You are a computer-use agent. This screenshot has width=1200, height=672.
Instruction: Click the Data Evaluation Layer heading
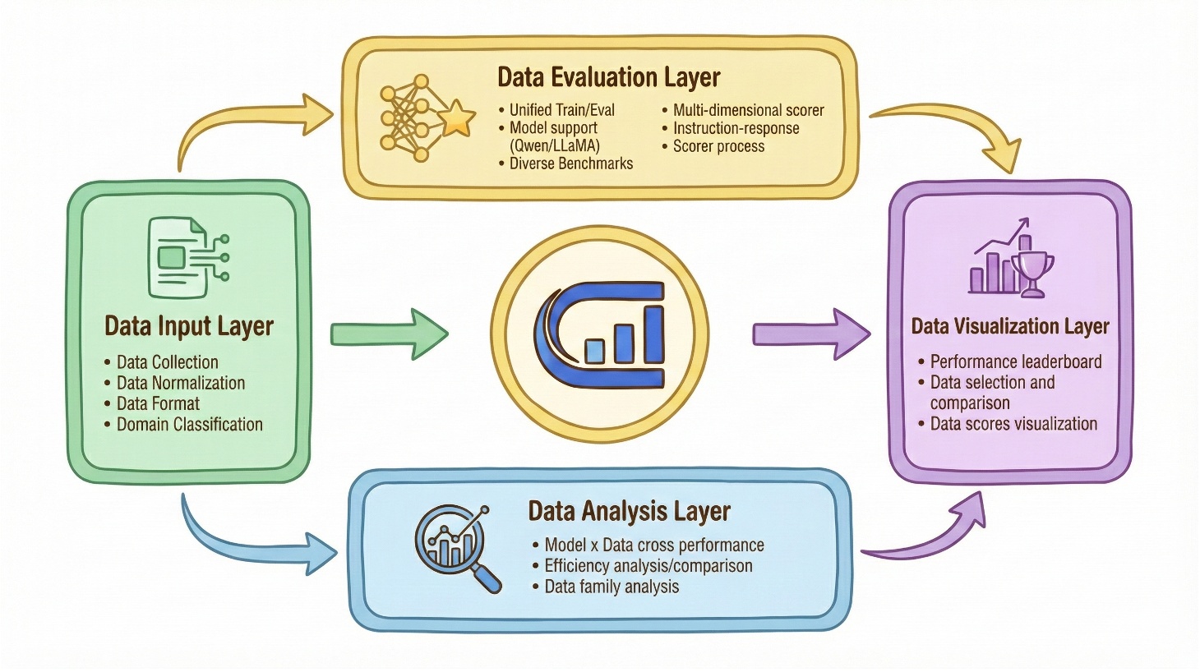[608, 78]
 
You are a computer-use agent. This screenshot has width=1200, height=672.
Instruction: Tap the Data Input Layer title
[189, 326]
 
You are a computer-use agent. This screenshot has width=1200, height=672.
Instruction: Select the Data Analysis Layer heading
[629, 512]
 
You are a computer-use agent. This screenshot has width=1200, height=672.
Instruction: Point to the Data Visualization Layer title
[1010, 326]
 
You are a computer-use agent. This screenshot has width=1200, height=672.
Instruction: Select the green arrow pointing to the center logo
[389, 334]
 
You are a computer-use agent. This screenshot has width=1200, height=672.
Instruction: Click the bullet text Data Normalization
[181, 383]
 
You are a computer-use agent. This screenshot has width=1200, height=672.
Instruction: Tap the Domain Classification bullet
[190, 425]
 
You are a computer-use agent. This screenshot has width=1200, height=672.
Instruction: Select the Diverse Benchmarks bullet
[571, 163]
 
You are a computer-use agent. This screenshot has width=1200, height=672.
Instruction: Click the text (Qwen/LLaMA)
[555, 145]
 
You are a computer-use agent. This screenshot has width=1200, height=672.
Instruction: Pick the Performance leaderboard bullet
[1016, 361]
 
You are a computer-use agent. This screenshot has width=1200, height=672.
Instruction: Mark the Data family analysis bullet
[612, 587]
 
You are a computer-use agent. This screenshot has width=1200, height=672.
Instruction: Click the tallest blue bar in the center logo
[653, 334]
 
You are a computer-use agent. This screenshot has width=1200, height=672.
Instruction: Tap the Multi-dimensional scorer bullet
[748, 110]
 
